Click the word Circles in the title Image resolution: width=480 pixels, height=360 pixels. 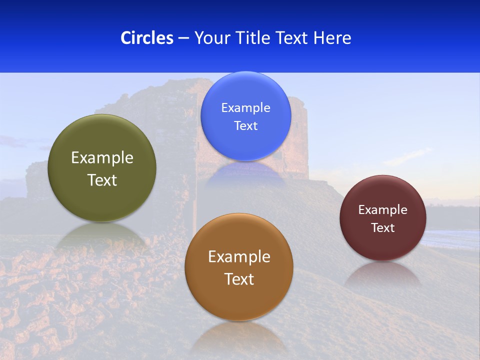[146, 38]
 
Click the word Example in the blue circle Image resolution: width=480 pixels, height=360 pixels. [245, 108]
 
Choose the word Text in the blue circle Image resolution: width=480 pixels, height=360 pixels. [245, 126]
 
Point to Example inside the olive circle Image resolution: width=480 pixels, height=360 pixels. [102, 158]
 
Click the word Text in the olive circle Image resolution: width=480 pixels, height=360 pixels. [102, 180]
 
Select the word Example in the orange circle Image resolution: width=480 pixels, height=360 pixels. [239, 257]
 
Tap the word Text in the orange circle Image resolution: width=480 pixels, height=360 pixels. [239, 279]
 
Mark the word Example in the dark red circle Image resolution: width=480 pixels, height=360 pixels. [382, 210]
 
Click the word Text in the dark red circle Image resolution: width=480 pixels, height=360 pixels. [382, 228]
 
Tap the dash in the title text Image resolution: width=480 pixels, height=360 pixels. [183, 38]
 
